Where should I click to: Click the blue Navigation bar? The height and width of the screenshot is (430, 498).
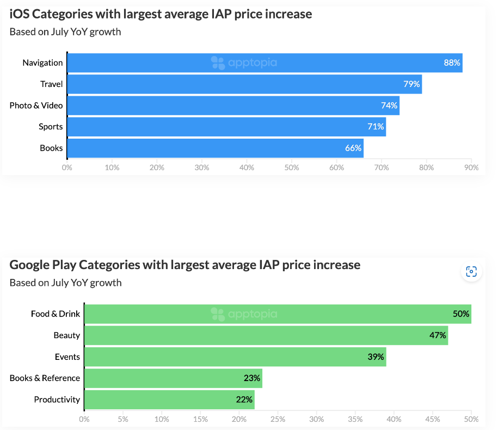(x=265, y=63)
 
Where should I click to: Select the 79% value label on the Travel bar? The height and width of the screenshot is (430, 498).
(x=411, y=84)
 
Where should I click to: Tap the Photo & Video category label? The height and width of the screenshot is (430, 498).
(x=36, y=105)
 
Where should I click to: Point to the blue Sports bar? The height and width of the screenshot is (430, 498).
(x=226, y=127)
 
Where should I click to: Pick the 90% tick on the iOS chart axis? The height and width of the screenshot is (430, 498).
(x=471, y=167)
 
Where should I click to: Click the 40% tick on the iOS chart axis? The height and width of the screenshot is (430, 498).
(x=247, y=167)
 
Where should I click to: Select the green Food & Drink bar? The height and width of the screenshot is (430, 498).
(x=278, y=314)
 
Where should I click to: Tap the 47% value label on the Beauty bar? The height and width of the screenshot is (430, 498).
(x=438, y=335)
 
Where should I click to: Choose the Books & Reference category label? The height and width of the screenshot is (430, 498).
(x=45, y=378)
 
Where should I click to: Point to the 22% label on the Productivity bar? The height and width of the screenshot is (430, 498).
(x=244, y=400)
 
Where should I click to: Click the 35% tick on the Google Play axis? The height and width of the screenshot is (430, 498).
(x=355, y=419)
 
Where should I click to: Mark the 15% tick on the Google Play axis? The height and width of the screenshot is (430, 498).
(x=200, y=419)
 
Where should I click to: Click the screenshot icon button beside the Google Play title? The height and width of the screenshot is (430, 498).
(x=471, y=272)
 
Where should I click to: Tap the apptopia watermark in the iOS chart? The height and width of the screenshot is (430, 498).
(x=244, y=63)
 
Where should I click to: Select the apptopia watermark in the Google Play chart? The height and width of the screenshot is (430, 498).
(x=244, y=314)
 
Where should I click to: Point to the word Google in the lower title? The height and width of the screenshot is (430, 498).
(x=30, y=265)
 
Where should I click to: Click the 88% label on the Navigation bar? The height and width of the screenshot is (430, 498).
(x=452, y=63)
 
